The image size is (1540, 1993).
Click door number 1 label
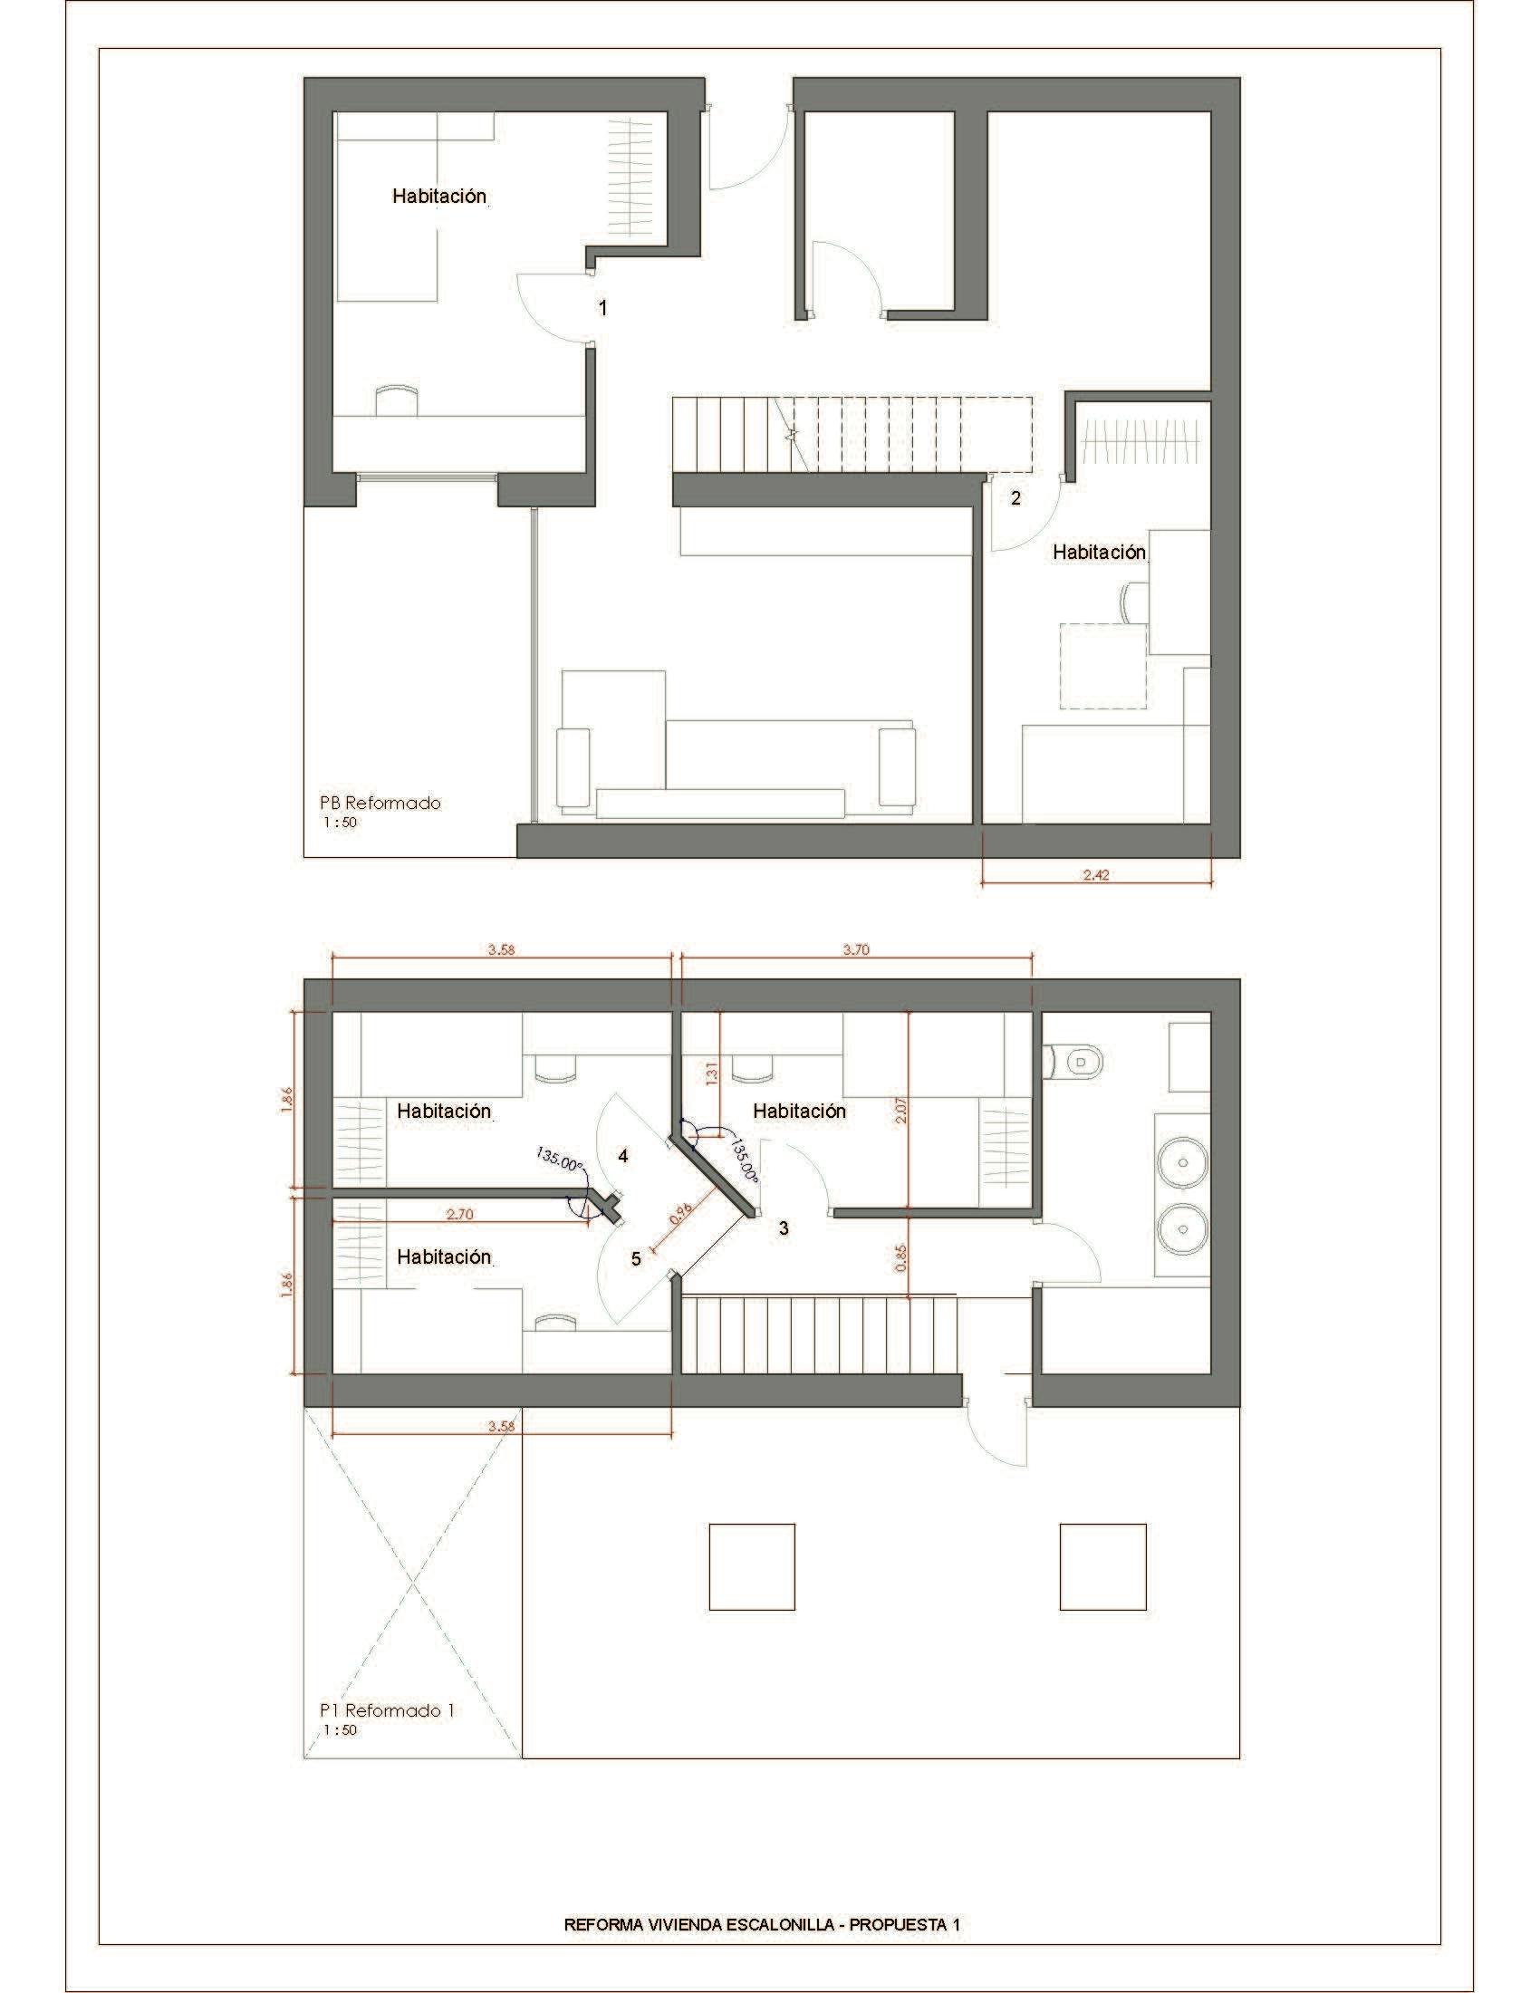click(602, 308)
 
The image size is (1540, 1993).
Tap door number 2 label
click(1015, 498)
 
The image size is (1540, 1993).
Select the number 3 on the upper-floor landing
click(783, 1228)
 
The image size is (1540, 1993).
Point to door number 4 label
click(623, 1156)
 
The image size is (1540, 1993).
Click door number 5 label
click(636, 1258)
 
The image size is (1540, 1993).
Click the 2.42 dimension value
click(1096, 874)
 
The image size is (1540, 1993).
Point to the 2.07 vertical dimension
click(900, 1114)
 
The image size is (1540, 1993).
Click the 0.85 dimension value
click(900, 1259)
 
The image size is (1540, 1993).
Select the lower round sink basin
click(1182, 1228)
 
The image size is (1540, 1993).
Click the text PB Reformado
click(380, 803)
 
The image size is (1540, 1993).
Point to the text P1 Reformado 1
click(387, 1710)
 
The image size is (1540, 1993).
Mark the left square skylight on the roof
click(753, 1567)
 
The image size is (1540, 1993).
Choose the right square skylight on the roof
click(1103, 1567)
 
